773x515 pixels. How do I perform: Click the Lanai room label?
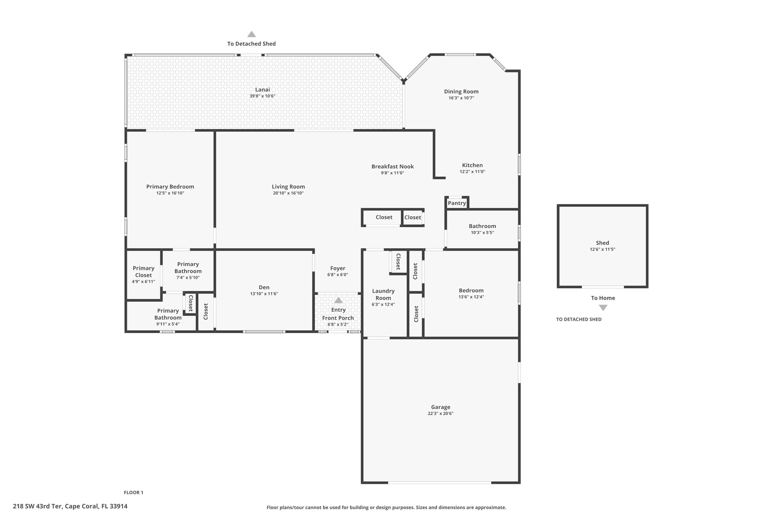(262, 89)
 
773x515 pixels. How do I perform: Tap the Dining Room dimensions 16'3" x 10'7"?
(461, 98)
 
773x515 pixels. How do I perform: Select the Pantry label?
(457, 203)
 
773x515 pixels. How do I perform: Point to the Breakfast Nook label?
(393, 166)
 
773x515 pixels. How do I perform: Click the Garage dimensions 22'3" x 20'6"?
(440, 414)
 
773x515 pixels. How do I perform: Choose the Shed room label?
(602, 243)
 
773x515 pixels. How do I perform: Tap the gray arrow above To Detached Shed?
(252, 34)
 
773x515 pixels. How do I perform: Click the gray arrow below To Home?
(603, 308)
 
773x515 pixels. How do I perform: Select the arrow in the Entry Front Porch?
(339, 300)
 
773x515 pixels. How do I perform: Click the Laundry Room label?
(383, 294)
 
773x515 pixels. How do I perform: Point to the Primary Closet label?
(143, 272)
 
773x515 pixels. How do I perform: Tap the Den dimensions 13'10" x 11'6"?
(264, 294)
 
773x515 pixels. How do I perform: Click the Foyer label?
(338, 268)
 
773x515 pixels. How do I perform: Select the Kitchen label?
(473, 165)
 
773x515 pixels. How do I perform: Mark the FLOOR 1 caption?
(134, 492)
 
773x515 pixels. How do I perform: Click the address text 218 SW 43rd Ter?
(37, 506)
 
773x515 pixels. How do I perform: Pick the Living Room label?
(288, 187)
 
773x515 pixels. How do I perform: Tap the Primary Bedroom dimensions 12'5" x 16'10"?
(170, 193)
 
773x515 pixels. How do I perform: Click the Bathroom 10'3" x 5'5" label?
(482, 229)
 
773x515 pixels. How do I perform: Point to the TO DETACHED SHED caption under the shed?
(579, 319)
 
